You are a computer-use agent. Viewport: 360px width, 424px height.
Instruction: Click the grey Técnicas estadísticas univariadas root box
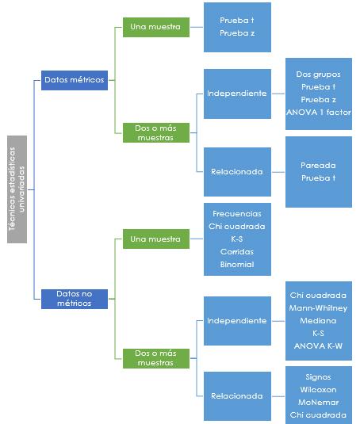coord(17,189)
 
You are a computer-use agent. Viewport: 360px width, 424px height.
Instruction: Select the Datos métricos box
coord(75,80)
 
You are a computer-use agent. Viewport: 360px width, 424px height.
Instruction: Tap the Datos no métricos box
coord(75,299)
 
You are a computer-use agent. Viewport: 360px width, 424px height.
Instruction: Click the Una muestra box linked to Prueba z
coord(156,27)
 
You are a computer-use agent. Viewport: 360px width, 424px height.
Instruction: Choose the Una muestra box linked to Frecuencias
coord(156,239)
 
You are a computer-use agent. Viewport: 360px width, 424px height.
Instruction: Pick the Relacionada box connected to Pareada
coord(237,172)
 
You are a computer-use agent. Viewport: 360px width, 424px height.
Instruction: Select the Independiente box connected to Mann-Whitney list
coord(237,321)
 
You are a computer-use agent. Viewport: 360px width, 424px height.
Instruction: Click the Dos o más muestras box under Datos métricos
coord(156,133)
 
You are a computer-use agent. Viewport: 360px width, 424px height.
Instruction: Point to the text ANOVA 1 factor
coord(319,113)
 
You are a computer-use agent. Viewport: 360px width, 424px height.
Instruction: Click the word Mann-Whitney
coord(318,308)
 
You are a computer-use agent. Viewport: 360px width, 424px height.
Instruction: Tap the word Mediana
coord(318,321)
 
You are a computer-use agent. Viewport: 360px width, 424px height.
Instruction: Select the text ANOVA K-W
coord(318,346)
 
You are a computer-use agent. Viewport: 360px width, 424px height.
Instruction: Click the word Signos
coord(318,377)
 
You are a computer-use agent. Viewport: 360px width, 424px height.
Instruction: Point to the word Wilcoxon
coord(318,390)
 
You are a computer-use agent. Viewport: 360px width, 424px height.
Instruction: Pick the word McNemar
coord(318,403)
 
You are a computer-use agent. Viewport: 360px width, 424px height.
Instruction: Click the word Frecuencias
coord(237,214)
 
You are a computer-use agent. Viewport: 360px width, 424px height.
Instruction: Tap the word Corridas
coord(237,252)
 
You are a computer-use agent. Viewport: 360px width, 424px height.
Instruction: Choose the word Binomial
coord(237,265)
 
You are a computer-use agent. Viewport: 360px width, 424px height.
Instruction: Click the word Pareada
coord(318,166)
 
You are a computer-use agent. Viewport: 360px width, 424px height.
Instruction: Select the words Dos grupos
coord(318,74)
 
